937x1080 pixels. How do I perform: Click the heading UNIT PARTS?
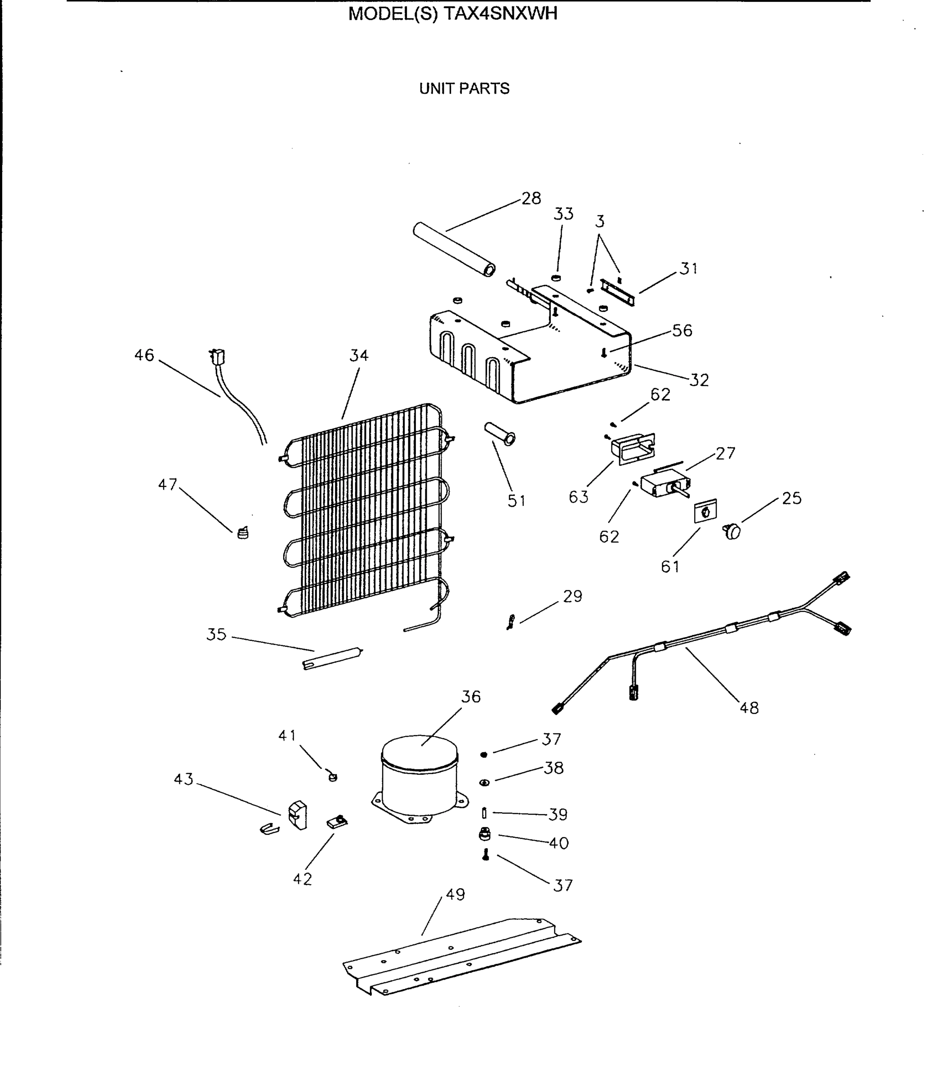pos(464,89)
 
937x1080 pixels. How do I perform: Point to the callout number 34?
pos(359,356)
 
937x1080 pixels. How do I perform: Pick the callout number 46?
pos(144,355)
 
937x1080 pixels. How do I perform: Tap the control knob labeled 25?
pos(732,531)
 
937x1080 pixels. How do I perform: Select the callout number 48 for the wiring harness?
pos(749,708)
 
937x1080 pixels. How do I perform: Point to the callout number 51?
pos(516,501)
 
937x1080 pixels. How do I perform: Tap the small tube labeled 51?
pos(500,434)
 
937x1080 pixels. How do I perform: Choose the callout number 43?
pos(183,779)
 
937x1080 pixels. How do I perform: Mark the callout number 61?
pos(670,567)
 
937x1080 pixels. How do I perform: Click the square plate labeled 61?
pos(705,511)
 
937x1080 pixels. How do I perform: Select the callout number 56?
pos(682,331)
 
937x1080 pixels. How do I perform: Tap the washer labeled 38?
pos(484,782)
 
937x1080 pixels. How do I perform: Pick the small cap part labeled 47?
pos(243,533)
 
